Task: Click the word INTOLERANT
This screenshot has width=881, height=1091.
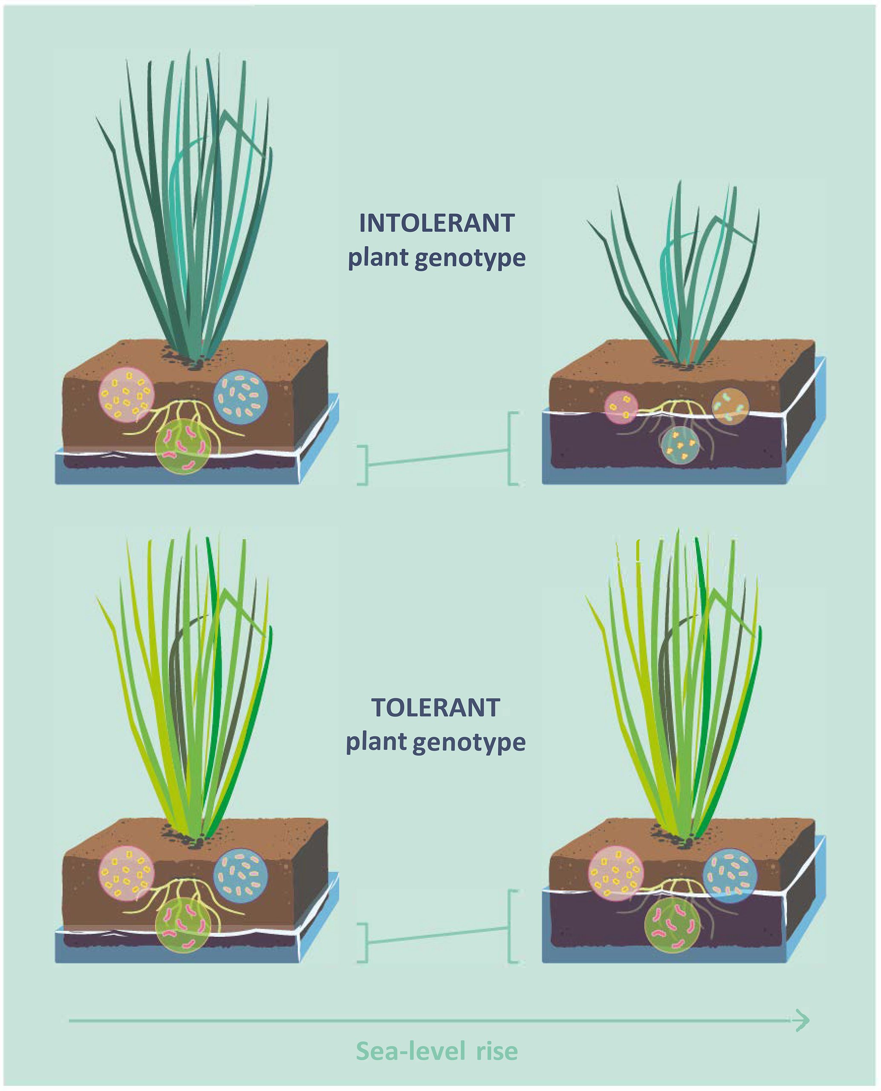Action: pos(437,223)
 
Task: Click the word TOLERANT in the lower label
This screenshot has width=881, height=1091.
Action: pos(436,708)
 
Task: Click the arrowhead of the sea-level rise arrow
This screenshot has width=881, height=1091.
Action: pos(801,1020)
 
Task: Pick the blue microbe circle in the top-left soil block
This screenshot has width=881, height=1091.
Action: pos(240,396)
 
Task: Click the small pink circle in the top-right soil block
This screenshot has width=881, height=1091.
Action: pos(620,407)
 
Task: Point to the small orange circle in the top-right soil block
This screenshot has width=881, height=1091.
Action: pos(730,406)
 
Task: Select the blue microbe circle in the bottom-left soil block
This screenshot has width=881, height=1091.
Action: pos(240,875)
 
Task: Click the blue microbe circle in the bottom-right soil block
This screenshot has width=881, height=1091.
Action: pos(730,875)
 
